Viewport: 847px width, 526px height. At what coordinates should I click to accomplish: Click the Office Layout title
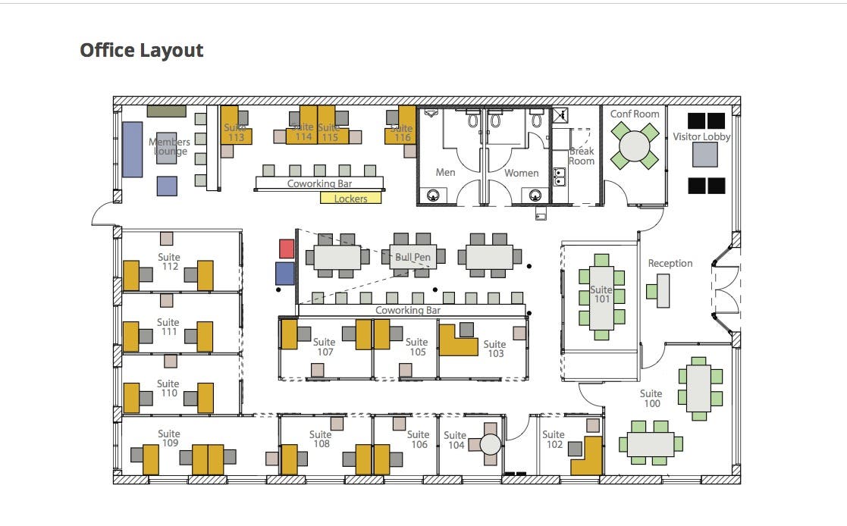tap(142, 50)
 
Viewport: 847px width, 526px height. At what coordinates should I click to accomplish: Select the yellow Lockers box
tap(350, 198)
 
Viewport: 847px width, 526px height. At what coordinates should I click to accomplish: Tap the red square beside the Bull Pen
tap(287, 249)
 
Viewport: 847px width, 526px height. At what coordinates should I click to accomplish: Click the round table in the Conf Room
tap(635, 146)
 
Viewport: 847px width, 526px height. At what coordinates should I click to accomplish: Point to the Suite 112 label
tap(169, 261)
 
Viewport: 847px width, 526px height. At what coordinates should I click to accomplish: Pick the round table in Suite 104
tap(491, 444)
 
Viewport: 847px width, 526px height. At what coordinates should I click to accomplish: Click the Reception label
tap(670, 263)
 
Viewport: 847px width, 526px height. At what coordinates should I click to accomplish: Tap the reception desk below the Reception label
tap(663, 290)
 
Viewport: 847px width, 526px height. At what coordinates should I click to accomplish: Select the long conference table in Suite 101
tap(602, 298)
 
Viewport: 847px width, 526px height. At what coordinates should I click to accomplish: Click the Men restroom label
tap(446, 172)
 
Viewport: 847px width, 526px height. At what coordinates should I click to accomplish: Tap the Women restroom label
tap(521, 173)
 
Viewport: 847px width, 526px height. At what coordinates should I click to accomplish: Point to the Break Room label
tap(582, 156)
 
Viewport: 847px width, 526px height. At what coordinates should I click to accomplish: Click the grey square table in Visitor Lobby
tap(705, 155)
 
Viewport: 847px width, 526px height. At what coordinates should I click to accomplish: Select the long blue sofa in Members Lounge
tap(133, 149)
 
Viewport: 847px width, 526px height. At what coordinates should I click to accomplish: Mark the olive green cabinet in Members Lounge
tap(167, 111)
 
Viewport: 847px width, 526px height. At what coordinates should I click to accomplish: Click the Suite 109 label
tap(169, 438)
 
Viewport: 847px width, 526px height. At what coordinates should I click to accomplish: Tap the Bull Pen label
tap(413, 257)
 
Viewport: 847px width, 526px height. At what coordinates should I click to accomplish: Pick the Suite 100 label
tap(651, 399)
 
